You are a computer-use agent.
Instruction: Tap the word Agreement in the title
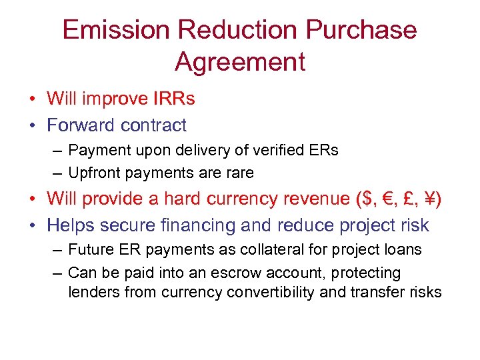[x=240, y=62]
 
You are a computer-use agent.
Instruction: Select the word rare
[x=240, y=173]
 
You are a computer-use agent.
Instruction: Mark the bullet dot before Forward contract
[x=33, y=125]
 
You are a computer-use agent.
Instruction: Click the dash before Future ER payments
[x=56, y=250]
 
